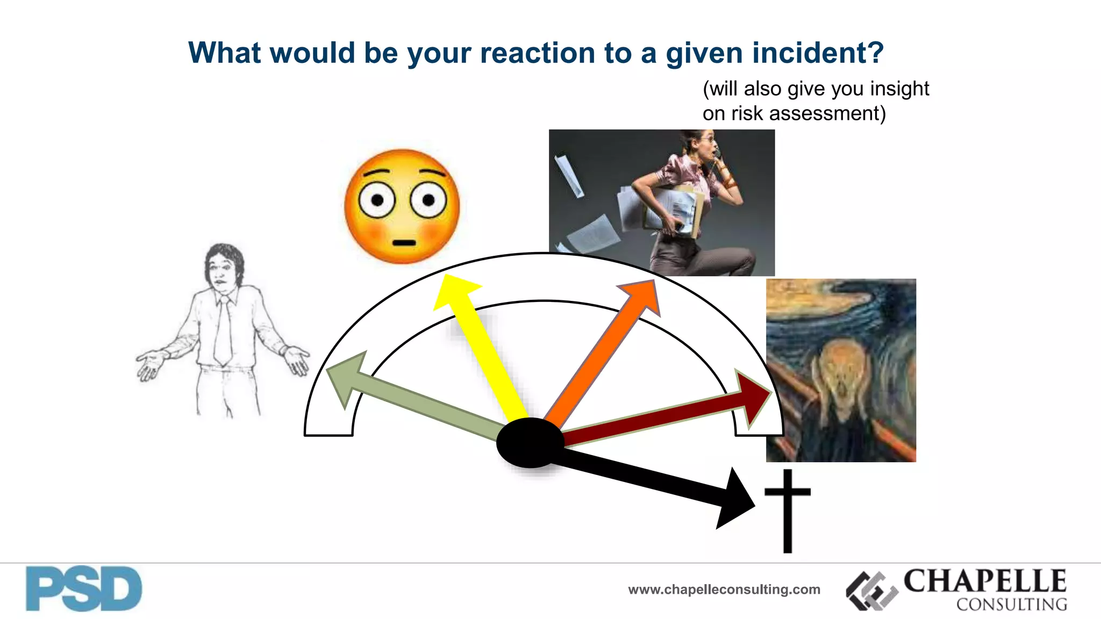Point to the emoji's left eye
377,200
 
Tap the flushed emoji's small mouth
403,243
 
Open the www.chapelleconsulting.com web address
724,590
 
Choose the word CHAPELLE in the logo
985,581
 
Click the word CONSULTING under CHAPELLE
1011,604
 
